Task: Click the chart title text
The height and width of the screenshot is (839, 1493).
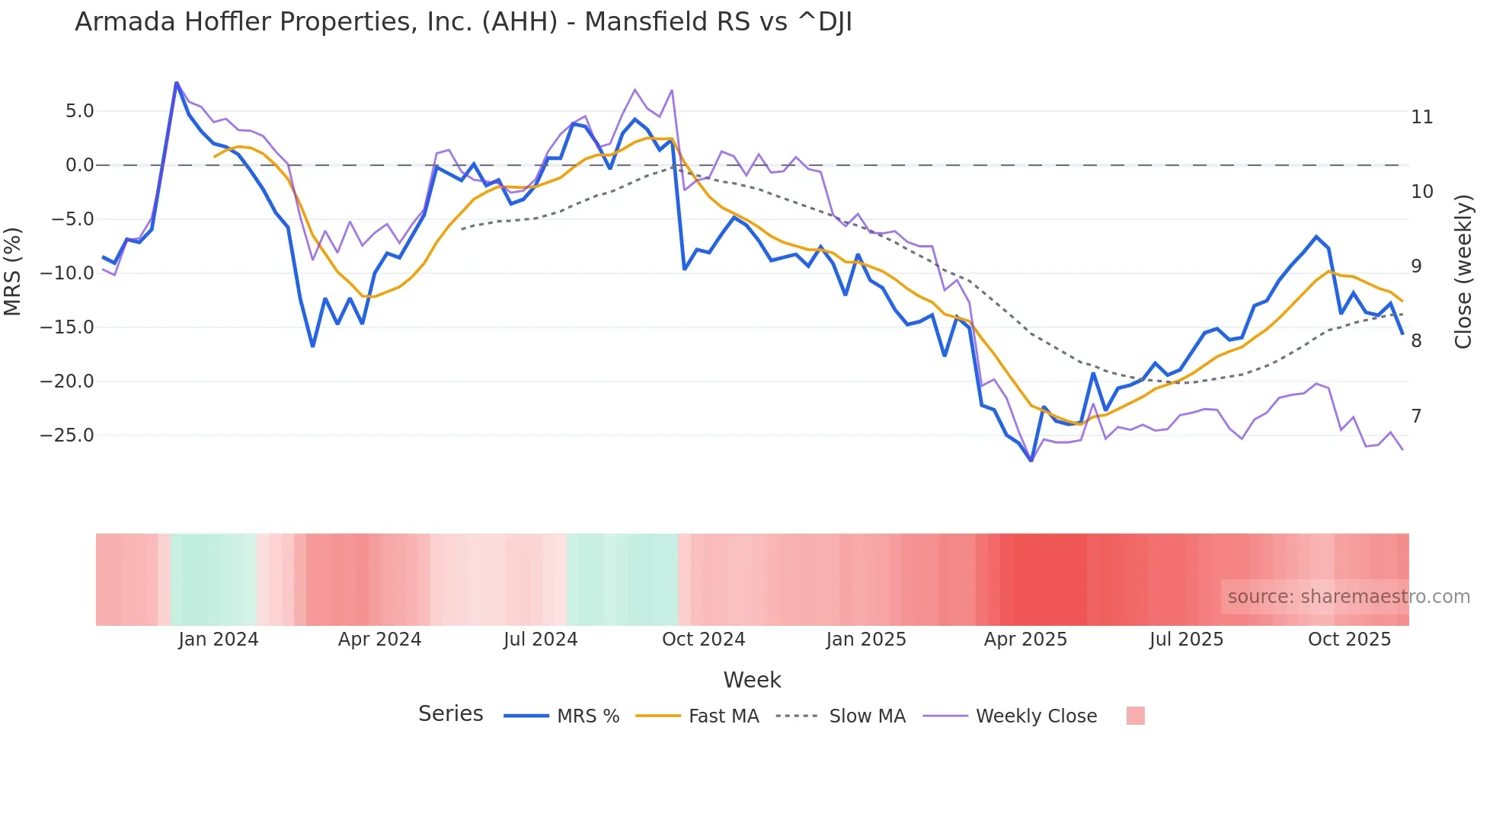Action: click(x=463, y=22)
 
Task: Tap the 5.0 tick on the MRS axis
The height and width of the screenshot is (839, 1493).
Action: click(x=79, y=111)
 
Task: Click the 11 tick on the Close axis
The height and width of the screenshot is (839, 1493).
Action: click(x=1421, y=117)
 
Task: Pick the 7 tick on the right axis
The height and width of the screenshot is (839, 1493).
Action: click(x=1416, y=416)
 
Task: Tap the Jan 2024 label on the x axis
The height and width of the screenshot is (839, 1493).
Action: click(x=219, y=640)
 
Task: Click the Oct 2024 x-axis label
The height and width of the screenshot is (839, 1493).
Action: click(x=703, y=640)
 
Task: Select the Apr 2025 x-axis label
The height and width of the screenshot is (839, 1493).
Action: click(x=1025, y=640)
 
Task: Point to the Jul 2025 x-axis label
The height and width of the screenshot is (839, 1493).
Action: click(x=1186, y=640)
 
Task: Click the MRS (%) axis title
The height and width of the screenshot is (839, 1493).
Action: click(x=13, y=272)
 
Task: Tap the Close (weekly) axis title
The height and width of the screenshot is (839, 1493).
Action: click(x=1463, y=272)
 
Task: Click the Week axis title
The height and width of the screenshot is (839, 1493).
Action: click(x=752, y=680)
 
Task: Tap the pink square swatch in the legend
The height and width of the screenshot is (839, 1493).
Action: click(x=1135, y=716)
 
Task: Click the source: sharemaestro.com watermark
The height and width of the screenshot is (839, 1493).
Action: click(x=1348, y=597)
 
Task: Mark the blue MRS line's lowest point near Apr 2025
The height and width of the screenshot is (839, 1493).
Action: click(x=1031, y=461)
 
